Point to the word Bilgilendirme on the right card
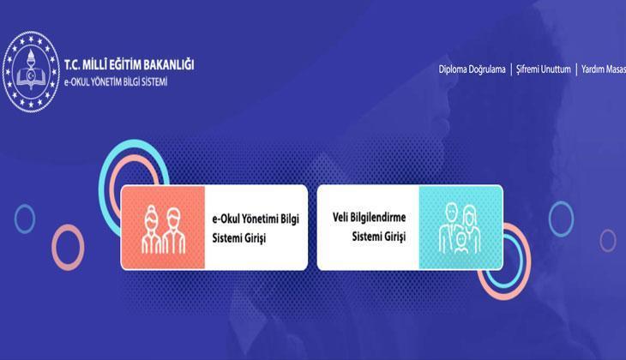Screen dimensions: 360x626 (x=381, y=219)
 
